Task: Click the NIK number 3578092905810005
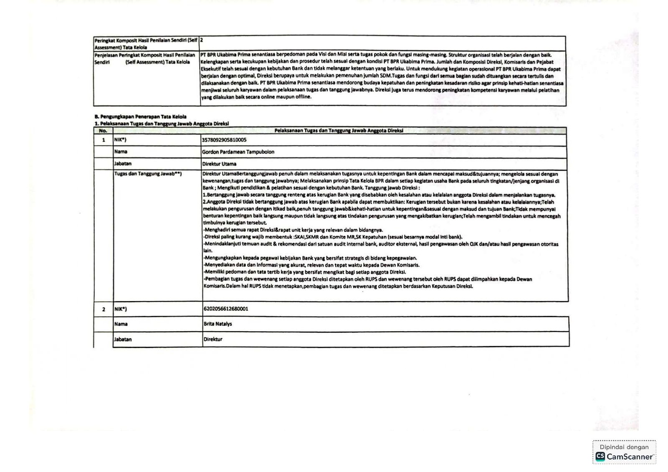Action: coord(224,140)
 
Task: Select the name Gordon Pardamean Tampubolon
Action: coord(238,152)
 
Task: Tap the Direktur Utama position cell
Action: coord(219,164)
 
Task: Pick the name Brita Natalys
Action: coord(218,324)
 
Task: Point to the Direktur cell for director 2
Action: coord(213,340)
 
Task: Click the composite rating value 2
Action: coord(202,41)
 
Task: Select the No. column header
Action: coord(103,131)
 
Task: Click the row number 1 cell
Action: coord(104,140)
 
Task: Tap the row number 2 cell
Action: coord(104,310)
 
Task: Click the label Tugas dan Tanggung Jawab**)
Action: coord(148,174)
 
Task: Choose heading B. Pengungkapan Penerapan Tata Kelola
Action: coord(140,117)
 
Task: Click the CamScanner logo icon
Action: coord(600,457)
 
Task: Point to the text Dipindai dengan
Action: coord(624,447)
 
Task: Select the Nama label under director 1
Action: coord(121,152)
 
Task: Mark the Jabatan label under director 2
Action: coord(123,340)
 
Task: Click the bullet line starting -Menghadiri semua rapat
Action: coord(293,230)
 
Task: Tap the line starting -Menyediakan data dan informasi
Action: coord(311,265)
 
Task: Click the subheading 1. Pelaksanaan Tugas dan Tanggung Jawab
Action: coord(162,124)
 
